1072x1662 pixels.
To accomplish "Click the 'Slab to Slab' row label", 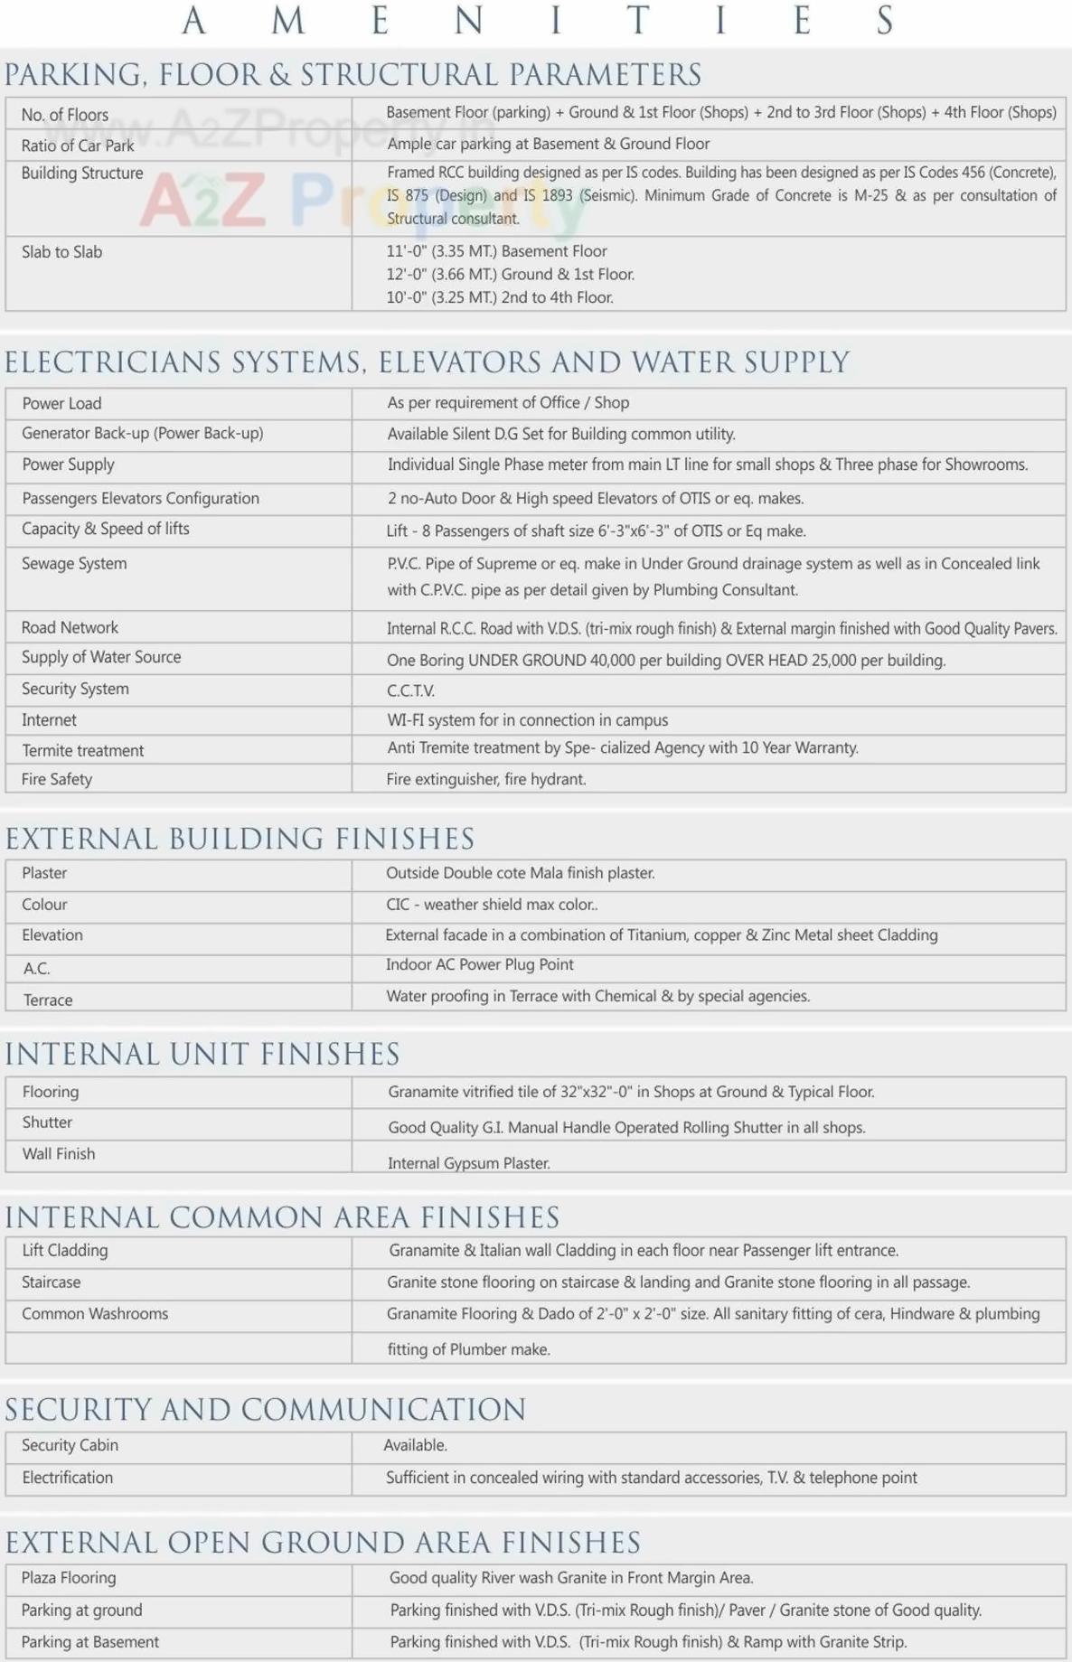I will click(61, 252).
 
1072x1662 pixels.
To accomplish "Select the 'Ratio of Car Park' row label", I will click(78, 146).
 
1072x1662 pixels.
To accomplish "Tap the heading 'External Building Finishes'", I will click(240, 839).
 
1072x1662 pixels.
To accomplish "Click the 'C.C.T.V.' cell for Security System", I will click(411, 690).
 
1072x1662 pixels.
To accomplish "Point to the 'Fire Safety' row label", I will click(57, 779).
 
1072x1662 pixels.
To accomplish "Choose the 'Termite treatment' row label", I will click(83, 750).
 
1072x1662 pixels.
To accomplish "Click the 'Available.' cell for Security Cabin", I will click(415, 1445).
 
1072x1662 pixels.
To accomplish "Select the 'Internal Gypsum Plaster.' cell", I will click(468, 1163).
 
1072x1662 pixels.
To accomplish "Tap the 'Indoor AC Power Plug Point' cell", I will click(480, 964).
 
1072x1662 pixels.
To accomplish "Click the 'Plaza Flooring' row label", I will click(69, 1578).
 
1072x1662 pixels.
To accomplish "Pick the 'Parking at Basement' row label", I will click(90, 1642).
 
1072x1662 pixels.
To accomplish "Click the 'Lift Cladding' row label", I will click(65, 1251).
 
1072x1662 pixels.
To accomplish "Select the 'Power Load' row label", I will click(61, 403).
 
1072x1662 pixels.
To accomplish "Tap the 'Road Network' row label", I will click(70, 627).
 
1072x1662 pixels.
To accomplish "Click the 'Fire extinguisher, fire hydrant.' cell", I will click(486, 779).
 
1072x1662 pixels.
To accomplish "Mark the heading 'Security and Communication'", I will click(266, 1409).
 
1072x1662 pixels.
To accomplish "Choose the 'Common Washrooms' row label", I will click(95, 1314).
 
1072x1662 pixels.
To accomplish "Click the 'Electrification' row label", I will click(68, 1478).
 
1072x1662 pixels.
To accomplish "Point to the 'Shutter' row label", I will click(47, 1122).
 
